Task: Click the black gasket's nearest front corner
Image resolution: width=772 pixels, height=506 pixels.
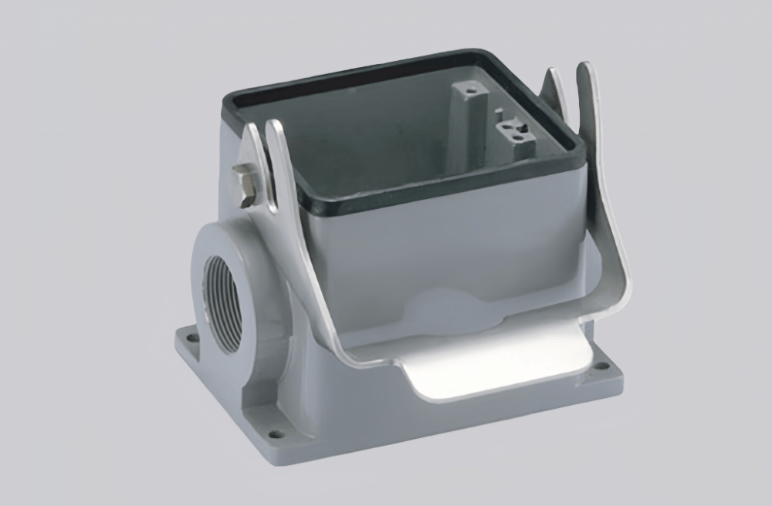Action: click(325, 205)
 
